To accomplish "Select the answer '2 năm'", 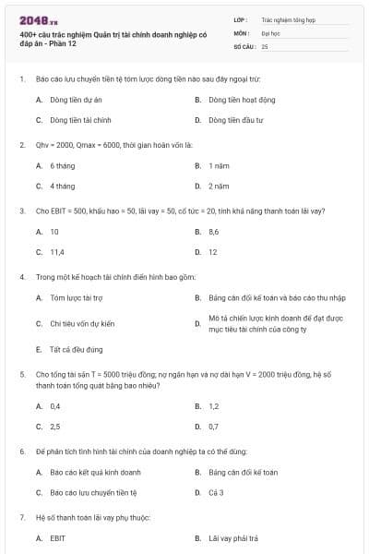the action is [218, 186].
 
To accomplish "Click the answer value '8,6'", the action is [214, 232].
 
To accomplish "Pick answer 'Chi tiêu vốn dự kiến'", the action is [81, 323].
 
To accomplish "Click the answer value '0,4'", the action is [55, 405].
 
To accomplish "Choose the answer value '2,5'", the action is [55, 426].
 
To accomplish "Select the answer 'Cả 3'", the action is [216, 492].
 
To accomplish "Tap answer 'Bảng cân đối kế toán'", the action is [243, 472].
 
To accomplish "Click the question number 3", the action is [21, 211].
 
